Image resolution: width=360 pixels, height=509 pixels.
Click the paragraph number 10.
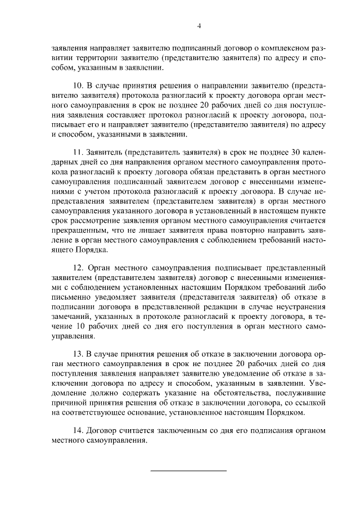point(78,85)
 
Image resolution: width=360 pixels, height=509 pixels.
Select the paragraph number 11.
point(78,154)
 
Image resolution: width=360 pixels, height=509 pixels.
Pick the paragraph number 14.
point(78,430)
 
